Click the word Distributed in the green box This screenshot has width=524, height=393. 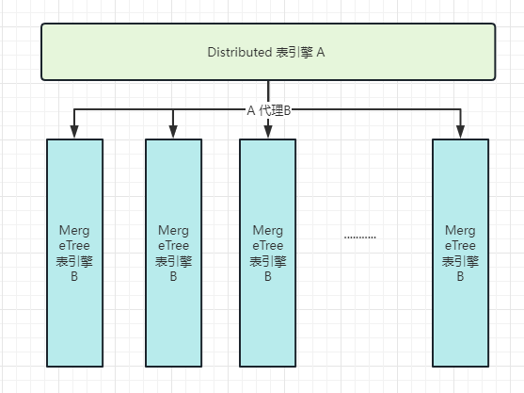coord(240,52)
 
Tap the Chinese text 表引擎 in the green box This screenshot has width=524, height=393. coord(294,53)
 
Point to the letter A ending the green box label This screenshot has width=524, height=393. coord(321,53)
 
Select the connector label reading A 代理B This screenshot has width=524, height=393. coord(269,110)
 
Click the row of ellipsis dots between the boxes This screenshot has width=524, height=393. coord(360,237)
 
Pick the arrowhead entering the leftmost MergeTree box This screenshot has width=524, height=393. coord(74,131)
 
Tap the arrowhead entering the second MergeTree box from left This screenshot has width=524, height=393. coord(173,131)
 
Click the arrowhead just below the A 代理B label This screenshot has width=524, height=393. coord(268,132)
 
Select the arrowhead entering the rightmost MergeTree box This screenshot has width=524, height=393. coord(461,131)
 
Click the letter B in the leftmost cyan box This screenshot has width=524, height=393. coord(74,276)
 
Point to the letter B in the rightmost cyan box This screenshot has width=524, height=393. coord(461,276)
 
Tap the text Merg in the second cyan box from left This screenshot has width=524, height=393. coord(173,231)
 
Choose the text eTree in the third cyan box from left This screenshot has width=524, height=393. coord(268,246)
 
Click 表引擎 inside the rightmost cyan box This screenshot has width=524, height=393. coord(461,261)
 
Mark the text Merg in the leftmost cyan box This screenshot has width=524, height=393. coord(74,231)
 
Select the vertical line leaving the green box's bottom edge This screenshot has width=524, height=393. coord(268,91)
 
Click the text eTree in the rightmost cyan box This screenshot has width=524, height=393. coord(461,246)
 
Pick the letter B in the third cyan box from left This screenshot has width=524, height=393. coord(268,276)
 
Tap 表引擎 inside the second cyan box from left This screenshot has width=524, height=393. coord(173,261)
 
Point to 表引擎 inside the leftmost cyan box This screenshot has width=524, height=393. coord(74,261)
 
